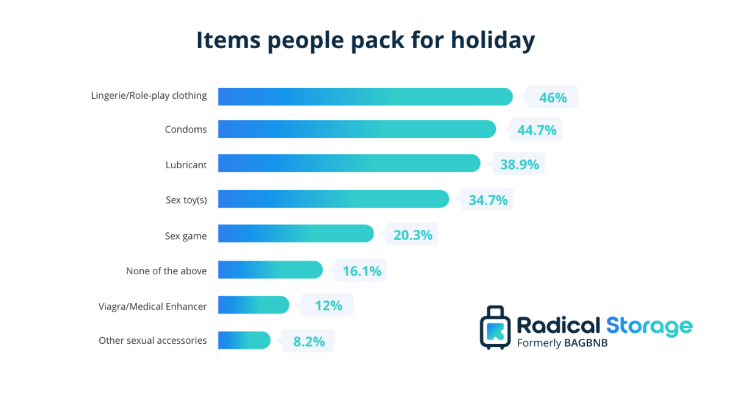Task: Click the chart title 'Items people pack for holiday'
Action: tap(365, 40)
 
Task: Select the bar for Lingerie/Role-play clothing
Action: tap(365, 96)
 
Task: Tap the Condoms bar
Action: tap(357, 129)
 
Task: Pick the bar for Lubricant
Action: tap(349, 163)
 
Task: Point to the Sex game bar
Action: tap(295, 233)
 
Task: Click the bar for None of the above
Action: tap(270, 269)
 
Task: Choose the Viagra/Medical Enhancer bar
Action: tap(253, 305)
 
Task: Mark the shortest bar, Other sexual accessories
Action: tap(244, 340)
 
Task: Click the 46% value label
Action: tap(553, 97)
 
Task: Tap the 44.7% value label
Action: tap(537, 130)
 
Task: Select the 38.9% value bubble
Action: tap(519, 165)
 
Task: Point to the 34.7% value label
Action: tap(488, 199)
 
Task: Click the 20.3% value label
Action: tap(412, 235)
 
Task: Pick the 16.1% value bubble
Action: tap(361, 271)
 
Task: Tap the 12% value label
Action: tap(328, 305)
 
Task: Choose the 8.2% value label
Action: tap(309, 341)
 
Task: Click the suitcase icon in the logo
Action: tap(495, 327)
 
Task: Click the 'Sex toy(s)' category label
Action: tap(186, 199)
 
